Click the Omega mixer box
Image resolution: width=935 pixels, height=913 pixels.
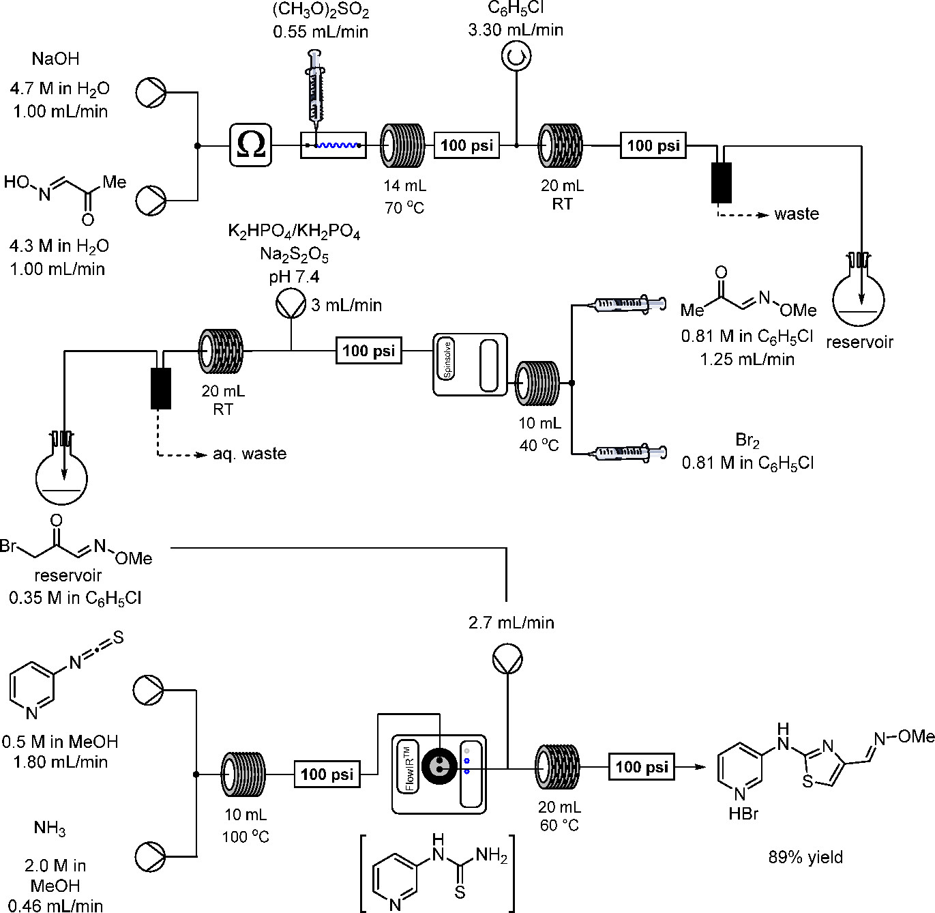(251, 145)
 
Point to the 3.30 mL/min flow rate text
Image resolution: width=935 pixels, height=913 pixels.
(516, 30)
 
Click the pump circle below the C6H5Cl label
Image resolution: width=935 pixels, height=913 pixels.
(516, 57)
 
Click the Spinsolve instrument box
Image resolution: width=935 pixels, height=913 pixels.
(470, 364)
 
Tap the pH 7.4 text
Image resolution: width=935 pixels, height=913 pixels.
(295, 276)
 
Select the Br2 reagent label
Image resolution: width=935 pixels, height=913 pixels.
(747, 441)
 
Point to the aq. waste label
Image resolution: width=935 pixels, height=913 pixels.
(250, 454)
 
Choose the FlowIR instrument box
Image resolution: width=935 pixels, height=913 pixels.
(439, 774)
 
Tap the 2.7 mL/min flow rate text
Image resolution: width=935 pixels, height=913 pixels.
(511, 622)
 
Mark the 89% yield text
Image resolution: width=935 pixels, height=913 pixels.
(805, 857)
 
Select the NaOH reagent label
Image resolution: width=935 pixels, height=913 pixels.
(56, 59)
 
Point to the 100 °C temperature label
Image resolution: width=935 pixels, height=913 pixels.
(246, 836)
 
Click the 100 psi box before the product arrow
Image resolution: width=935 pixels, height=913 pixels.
(642, 767)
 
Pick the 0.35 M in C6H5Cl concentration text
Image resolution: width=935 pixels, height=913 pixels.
(75, 598)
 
